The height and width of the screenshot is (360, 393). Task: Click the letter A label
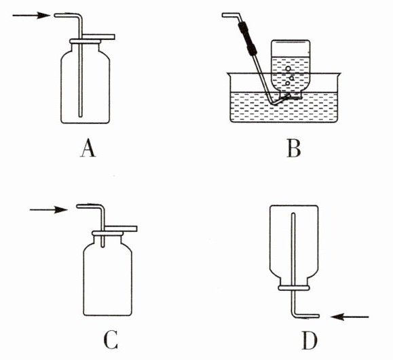pos(88,148)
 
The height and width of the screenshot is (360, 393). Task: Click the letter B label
pos(293,148)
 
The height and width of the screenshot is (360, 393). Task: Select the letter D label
pos(310,340)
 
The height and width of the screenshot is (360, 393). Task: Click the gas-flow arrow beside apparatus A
pos(31,16)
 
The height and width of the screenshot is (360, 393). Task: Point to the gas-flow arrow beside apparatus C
pos(49,209)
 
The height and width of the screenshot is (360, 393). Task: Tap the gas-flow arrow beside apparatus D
pos(350,317)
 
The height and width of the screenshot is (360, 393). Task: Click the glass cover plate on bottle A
pos(98,37)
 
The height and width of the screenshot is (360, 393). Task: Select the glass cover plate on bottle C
pos(121,228)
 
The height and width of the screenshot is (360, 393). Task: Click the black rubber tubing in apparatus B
pos(247,38)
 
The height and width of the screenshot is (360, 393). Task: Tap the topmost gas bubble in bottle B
pos(288,68)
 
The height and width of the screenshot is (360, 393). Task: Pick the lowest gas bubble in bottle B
pos(288,83)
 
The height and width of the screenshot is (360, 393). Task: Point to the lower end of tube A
pos(80,116)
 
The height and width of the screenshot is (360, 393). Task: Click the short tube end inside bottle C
pos(102,246)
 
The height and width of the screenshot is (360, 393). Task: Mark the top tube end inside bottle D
pos(293,214)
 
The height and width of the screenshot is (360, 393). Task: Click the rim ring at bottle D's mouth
pos(293,288)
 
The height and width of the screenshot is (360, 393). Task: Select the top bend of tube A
pos(79,16)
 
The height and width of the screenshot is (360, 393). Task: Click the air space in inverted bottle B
pos(291,49)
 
